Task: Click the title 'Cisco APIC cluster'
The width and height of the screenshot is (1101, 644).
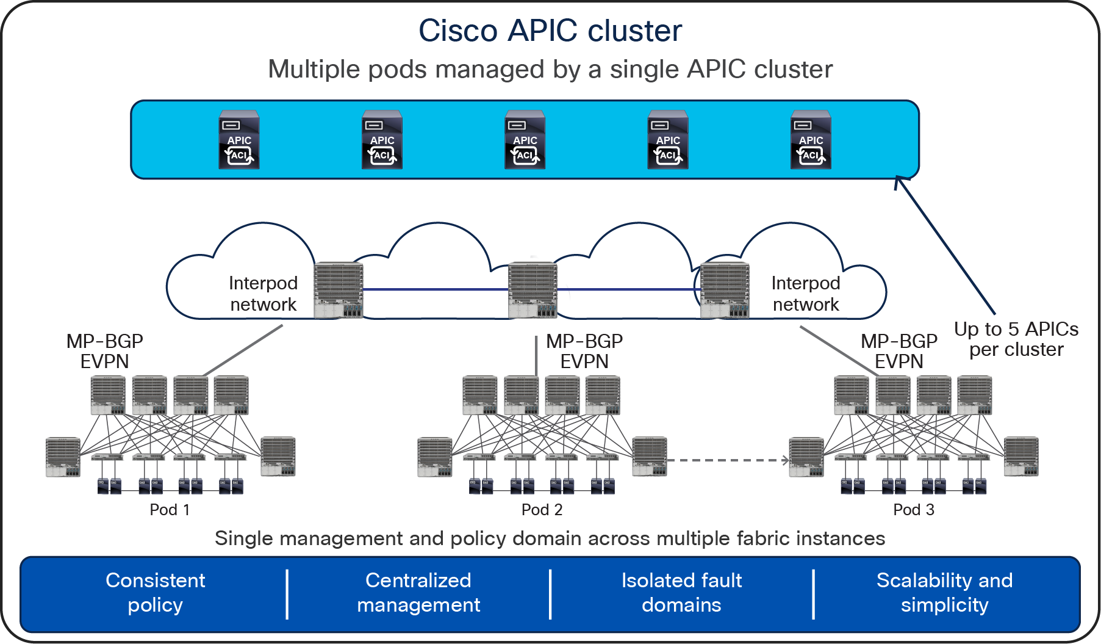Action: click(550, 31)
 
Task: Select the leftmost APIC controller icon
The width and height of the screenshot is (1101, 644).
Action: click(239, 140)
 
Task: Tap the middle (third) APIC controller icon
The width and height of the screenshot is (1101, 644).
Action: click(525, 140)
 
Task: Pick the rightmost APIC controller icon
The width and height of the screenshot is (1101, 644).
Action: click(811, 140)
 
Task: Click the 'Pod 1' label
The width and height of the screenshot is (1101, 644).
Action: click(170, 510)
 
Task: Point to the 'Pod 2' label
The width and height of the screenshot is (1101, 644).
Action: click(542, 510)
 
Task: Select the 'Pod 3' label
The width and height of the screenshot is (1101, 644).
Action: click(913, 510)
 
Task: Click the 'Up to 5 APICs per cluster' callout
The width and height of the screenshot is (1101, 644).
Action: click(1016, 339)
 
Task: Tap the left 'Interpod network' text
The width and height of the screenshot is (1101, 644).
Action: click(263, 294)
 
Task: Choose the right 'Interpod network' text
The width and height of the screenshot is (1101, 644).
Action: click(806, 294)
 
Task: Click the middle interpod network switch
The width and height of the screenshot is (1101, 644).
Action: click(533, 290)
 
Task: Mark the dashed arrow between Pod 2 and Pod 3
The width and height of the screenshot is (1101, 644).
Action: click(727, 460)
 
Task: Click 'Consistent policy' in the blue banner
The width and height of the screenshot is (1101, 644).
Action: click(155, 592)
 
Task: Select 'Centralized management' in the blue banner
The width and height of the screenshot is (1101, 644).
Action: click(418, 592)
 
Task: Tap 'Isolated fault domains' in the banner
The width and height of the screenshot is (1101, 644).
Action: click(681, 592)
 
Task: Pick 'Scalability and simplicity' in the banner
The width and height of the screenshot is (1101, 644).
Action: click(944, 592)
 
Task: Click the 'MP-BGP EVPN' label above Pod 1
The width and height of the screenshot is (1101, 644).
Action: click(104, 351)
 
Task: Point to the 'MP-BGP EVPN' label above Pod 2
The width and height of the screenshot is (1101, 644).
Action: click(584, 351)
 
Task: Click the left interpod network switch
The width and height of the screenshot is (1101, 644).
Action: click(339, 290)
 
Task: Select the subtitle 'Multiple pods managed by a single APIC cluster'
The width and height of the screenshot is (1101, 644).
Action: click(550, 69)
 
